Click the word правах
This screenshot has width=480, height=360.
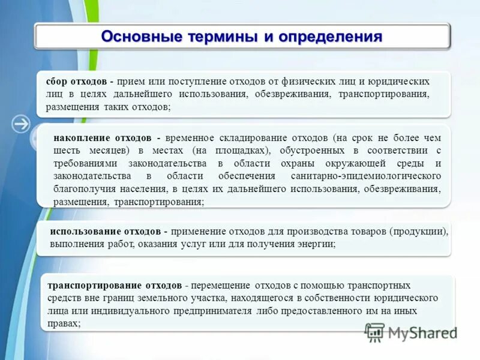click(x=61, y=323)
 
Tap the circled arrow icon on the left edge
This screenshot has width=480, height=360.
click(x=22, y=124)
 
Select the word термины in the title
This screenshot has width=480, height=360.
click(x=221, y=37)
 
